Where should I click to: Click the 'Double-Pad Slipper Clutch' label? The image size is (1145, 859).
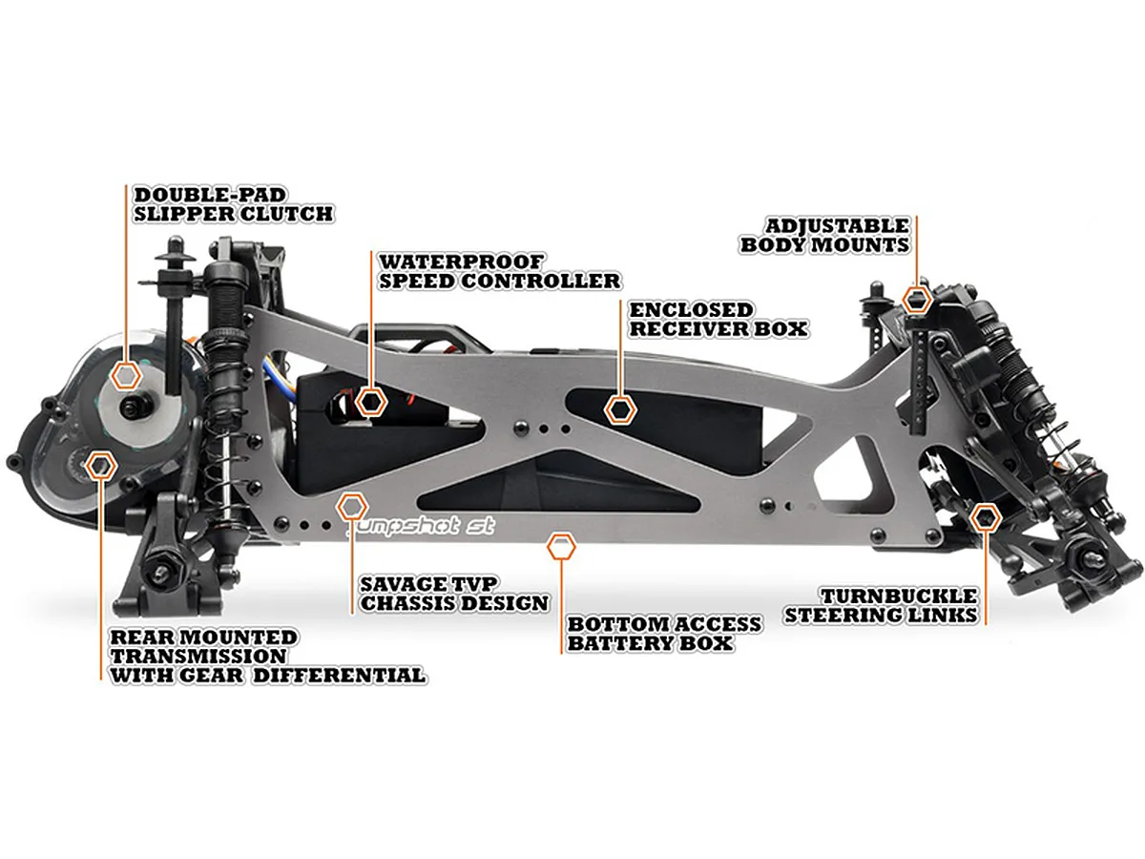234,204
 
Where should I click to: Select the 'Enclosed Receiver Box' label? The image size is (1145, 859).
718,320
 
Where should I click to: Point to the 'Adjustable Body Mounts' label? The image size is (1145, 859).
825,235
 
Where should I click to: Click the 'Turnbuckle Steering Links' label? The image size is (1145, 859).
881,605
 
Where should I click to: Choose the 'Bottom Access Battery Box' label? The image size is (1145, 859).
664,634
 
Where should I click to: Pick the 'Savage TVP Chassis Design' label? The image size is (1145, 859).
454,594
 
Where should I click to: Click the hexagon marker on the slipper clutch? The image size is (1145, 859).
125,374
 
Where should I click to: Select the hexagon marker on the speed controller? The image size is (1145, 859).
372,401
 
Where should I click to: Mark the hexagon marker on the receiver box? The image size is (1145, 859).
620,409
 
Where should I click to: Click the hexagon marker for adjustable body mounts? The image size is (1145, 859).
917,300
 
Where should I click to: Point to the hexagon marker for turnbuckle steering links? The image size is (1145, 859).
985,518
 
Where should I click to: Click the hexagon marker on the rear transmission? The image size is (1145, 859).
100,466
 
